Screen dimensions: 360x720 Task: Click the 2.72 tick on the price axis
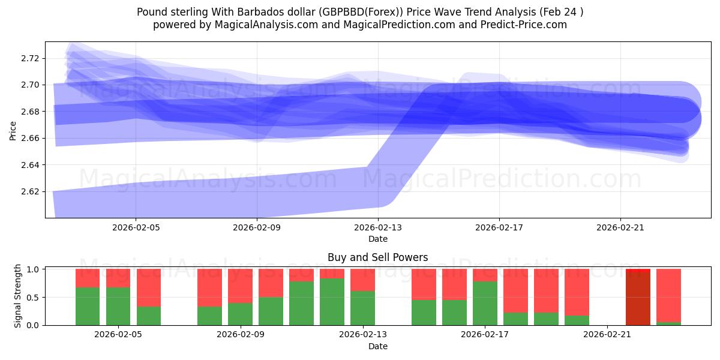coord(31,58)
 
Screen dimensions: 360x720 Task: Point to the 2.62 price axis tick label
coord(31,191)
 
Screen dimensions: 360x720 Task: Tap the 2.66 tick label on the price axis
coord(31,138)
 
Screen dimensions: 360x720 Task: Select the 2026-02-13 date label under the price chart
coord(378,228)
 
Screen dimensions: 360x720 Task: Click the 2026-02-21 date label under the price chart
coord(620,228)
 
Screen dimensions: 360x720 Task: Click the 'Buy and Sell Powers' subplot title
coord(377,257)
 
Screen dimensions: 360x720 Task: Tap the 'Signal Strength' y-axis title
coord(18,296)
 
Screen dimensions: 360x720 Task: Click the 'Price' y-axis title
coord(13,130)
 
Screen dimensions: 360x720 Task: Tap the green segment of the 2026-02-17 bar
coord(485,303)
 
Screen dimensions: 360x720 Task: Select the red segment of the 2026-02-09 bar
coord(240,286)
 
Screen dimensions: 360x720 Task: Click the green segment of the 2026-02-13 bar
coord(362,308)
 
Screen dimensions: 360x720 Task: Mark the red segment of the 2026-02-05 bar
coord(118,278)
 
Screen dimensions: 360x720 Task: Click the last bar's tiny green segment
coord(668,323)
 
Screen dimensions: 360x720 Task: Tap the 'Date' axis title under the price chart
coord(377,239)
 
